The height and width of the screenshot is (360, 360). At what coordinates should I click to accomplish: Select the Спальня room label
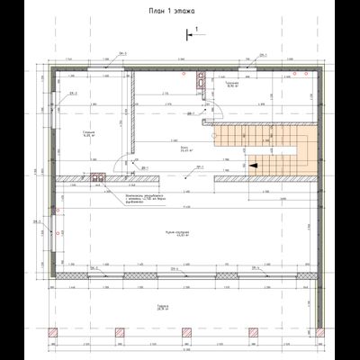[88, 133]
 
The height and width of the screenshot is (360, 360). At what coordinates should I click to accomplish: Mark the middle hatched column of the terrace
[184, 340]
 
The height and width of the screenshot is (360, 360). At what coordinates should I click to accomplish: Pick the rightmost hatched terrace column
[314, 340]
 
